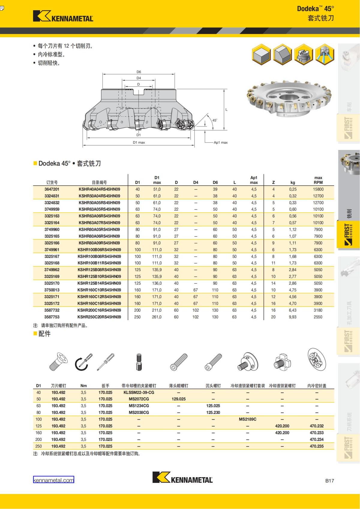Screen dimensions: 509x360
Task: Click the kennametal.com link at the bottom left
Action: [53, 480]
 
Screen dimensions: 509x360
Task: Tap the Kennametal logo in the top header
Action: [63, 16]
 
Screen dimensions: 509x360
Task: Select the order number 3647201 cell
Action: [52, 189]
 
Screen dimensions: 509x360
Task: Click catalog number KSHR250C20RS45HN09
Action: [99, 317]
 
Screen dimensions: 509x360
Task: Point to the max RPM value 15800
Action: [318, 189]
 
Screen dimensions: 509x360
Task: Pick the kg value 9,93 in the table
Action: [292, 317]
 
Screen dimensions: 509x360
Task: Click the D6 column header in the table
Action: [215, 182]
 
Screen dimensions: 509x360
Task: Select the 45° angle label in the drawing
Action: [214, 120]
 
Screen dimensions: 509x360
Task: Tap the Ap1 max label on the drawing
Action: [220, 142]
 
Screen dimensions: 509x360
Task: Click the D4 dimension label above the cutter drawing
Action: [139, 78]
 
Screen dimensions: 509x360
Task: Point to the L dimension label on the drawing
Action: [226, 109]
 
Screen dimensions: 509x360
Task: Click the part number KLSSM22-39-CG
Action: [139, 392]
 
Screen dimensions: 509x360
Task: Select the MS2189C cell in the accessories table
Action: [247, 419]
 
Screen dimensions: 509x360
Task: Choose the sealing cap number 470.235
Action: [316, 446]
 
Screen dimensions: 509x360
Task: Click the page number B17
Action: [329, 481]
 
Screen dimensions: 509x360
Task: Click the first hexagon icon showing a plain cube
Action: [262, 55]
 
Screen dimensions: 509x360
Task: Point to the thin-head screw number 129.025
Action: [178, 399]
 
